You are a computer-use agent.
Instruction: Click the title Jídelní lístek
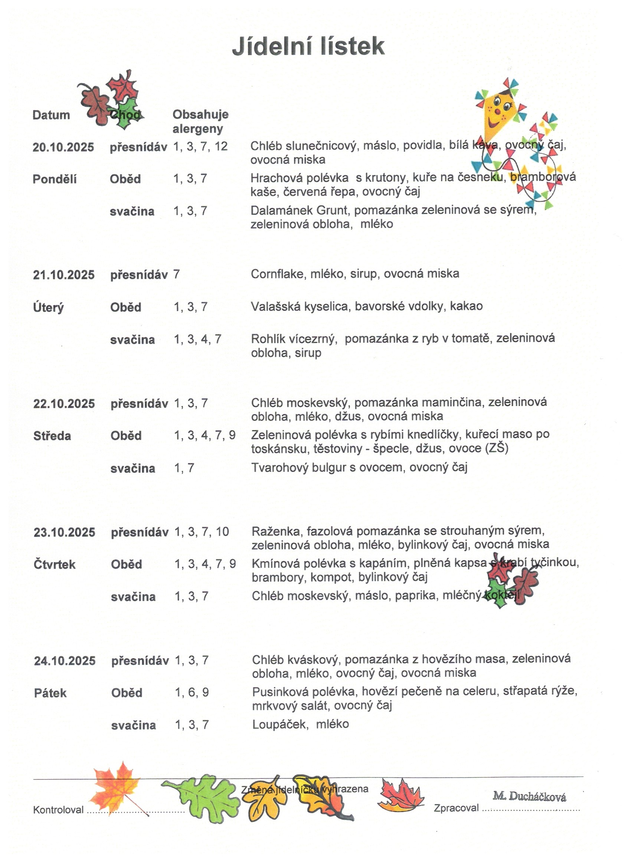[308, 47]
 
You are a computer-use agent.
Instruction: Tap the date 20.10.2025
[63, 147]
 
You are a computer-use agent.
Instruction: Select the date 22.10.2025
[64, 404]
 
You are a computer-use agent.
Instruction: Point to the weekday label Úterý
[49, 307]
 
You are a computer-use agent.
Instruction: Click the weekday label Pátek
[50, 693]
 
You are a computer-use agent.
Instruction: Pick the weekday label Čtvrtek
[54, 565]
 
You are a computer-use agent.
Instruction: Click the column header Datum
[51, 115]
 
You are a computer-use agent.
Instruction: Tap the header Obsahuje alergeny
[200, 122]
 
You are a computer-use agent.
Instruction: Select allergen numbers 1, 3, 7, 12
[200, 146]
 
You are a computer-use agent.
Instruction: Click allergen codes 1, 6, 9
[192, 692]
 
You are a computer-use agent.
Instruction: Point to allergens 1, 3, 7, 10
[202, 532]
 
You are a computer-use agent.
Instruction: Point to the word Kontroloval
[58, 810]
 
